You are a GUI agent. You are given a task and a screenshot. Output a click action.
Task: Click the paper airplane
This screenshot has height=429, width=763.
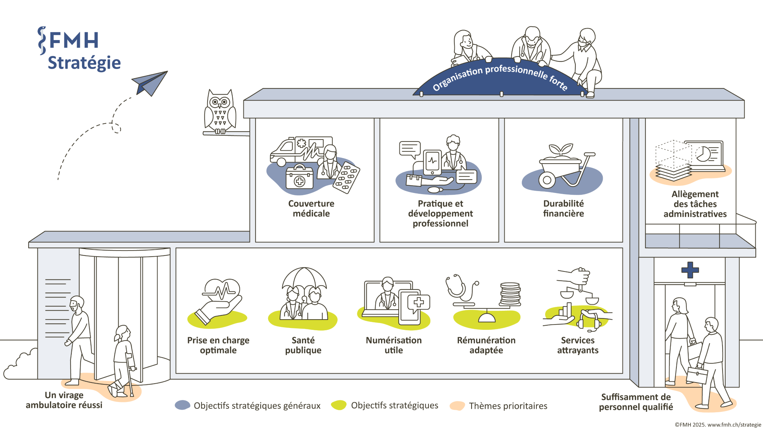150,83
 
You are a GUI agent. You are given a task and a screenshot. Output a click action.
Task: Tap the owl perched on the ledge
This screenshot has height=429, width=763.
220,111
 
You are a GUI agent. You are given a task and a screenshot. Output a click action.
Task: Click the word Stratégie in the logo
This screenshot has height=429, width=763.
84,63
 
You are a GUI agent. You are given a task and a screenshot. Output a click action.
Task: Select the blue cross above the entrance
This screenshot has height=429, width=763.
690,270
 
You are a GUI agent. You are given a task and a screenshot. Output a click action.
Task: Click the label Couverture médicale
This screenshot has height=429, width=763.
311,209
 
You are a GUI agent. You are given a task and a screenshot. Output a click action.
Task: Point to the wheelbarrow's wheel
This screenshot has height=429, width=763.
547,180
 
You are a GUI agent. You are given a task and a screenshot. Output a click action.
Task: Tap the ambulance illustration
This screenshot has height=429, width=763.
290,151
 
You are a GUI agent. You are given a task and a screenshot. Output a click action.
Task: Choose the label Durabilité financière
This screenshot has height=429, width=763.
563,209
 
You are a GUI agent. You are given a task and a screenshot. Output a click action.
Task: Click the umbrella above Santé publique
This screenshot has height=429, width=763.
304,278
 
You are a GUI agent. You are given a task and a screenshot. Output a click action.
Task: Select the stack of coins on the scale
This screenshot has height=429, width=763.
510,294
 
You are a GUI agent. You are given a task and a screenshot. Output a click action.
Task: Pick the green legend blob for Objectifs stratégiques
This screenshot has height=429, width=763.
338,405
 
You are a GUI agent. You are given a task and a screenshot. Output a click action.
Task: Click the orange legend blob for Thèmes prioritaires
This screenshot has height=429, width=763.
457,405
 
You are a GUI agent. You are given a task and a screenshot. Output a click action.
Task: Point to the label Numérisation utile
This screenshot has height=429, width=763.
394,345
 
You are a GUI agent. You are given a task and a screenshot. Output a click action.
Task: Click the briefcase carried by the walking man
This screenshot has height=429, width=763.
697,375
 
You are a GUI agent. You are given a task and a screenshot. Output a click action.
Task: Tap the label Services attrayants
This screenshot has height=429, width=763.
578,345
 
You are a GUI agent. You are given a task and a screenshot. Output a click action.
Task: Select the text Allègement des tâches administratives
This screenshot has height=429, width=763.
695,204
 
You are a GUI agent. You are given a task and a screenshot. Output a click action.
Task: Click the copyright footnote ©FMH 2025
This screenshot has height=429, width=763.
718,425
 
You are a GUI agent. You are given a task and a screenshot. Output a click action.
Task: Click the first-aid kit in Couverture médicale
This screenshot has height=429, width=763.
299,178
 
